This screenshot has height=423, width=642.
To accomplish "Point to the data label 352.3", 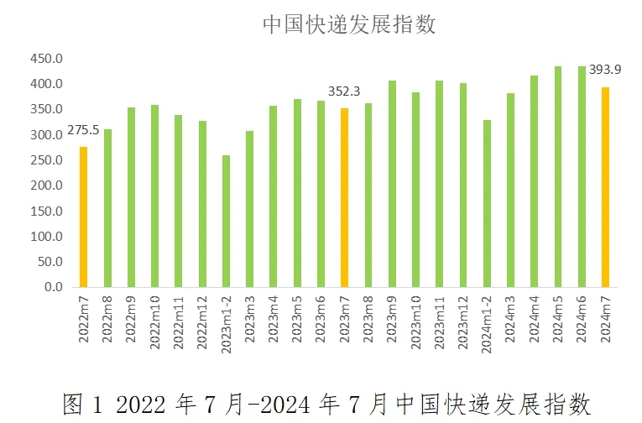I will coord(344,91).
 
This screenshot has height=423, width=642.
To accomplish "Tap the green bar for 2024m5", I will coord(558,176).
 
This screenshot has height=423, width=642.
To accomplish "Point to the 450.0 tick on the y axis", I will coord(47,59).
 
